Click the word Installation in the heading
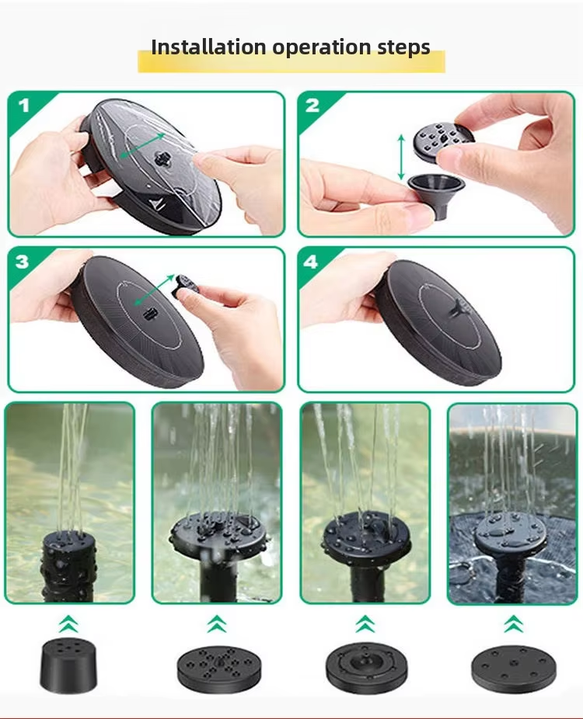[x=208, y=47]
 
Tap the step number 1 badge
[x=24, y=106]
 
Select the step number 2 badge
[x=312, y=106]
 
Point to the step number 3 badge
[x=22, y=262]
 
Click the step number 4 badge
[x=311, y=262]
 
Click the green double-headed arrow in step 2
[x=401, y=157]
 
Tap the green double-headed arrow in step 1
[x=142, y=145]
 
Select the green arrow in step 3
[x=154, y=290]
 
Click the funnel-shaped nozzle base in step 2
[x=436, y=195]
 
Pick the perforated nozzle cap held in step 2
[x=443, y=143]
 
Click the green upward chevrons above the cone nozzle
[x=68, y=624]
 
